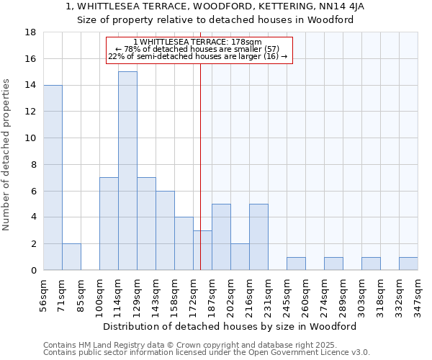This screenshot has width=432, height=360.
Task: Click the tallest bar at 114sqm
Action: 127,171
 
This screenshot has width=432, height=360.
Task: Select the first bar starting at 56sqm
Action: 53,177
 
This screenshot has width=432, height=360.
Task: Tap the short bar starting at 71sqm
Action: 71,257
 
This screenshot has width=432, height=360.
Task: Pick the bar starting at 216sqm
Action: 258,237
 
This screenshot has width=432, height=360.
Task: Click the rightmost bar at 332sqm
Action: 408,264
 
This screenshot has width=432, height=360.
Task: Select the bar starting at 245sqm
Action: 296,264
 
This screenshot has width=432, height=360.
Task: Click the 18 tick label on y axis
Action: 30,32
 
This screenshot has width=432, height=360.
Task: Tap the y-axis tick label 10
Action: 30,138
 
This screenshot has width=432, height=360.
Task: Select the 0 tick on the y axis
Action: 33,270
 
